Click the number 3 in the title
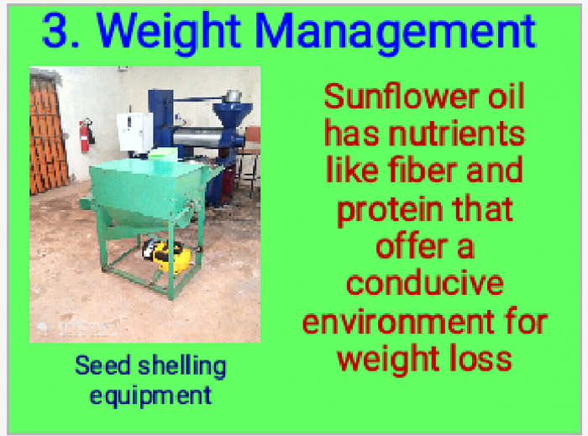[x=55, y=30]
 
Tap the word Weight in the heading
[x=168, y=34]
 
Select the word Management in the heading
[x=396, y=34]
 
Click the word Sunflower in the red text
[x=402, y=96]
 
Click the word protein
[x=390, y=211]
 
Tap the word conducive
[x=425, y=283]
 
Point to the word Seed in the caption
[x=102, y=365]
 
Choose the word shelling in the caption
[x=182, y=366]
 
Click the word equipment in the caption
[x=150, y=397]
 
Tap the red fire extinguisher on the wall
[x=87, y=135]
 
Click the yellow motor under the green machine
[x=168, y=255]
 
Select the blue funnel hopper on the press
[x=233, y=113]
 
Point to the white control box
[x=134, y=132]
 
